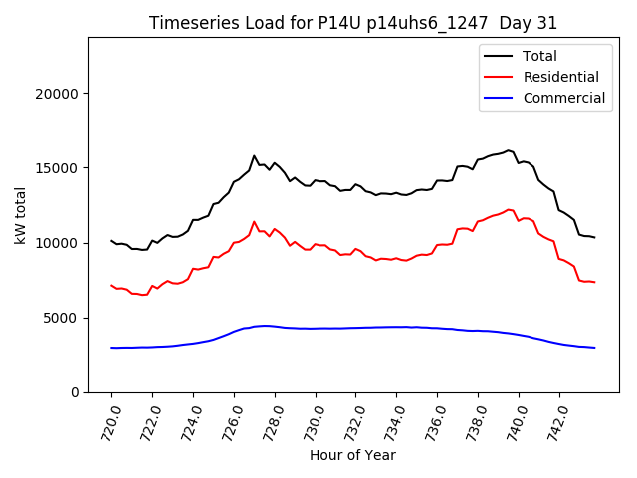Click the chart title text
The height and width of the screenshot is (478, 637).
coord(353,23)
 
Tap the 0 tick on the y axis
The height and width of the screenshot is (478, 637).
coord(75,392)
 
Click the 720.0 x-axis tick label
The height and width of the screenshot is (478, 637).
coord(108,418)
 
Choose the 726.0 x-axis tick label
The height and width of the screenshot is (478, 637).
coord(231,418)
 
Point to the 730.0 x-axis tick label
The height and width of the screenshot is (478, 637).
coord(313,418)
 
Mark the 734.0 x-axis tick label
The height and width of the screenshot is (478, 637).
coord(394,418)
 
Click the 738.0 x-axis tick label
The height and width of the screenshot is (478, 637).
coord(476,418)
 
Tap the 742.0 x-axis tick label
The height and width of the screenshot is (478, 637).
coord(556,418)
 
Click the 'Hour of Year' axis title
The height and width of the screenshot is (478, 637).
coord(353,455)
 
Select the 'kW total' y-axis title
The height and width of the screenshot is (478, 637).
coord(20,213)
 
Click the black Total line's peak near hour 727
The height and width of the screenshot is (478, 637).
coord(254,156)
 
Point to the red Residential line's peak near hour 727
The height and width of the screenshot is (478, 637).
coord(254,221)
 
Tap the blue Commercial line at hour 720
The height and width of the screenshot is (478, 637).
coord(112,348)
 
